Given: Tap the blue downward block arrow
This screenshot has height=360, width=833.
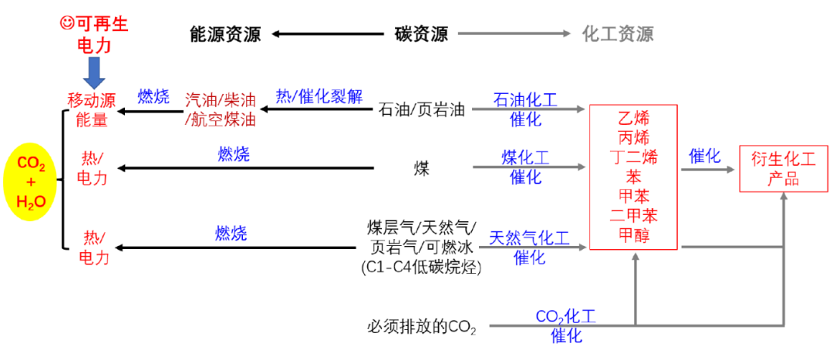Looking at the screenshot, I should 95,73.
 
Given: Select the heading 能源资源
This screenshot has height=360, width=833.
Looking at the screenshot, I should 225,34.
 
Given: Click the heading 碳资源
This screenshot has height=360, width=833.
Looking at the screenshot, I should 420,34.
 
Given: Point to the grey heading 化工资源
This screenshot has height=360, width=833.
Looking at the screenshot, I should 618,34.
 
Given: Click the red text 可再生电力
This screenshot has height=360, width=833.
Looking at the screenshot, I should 95,35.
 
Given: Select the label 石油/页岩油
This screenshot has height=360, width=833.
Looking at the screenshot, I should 423,109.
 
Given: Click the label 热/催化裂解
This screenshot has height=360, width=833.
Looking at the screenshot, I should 319,96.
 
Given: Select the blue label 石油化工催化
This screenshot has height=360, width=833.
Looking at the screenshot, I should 525,109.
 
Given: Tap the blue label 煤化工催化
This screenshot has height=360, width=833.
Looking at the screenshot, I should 525,167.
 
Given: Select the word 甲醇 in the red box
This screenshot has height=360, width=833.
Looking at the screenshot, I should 633,234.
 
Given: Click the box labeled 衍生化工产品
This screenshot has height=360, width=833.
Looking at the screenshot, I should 783,169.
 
